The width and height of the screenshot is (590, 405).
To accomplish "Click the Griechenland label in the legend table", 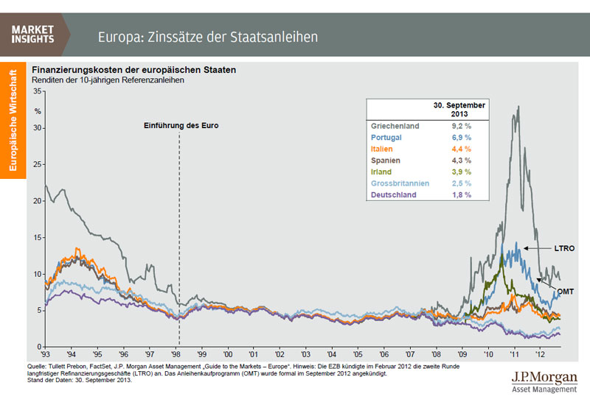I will pyautogui.click(x=395, y=126).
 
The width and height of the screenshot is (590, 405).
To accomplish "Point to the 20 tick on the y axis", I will pyautogui.click(x=39, y=200).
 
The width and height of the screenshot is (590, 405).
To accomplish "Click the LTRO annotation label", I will pyautogui.click(x=564, y=249).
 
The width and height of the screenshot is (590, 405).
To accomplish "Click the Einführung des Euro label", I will pyautogui.click(x=181, y=126).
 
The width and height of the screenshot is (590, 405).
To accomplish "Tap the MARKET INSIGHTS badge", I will pyautogui.click(x=32, y=34).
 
